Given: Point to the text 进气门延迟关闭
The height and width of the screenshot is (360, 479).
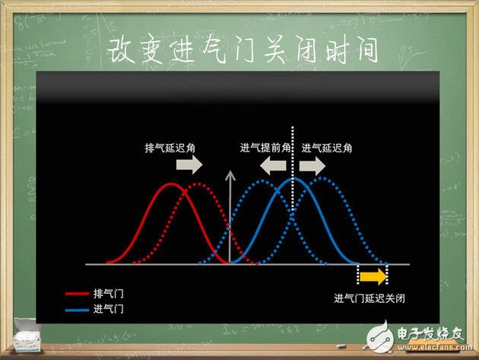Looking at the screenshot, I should tap(370, 298).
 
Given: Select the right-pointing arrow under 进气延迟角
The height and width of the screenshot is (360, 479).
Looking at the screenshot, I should tap(311, 165).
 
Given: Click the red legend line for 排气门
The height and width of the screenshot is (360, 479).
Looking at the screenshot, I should tap(76, 293).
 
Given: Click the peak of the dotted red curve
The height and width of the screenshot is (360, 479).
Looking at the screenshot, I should tap(198, 184).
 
